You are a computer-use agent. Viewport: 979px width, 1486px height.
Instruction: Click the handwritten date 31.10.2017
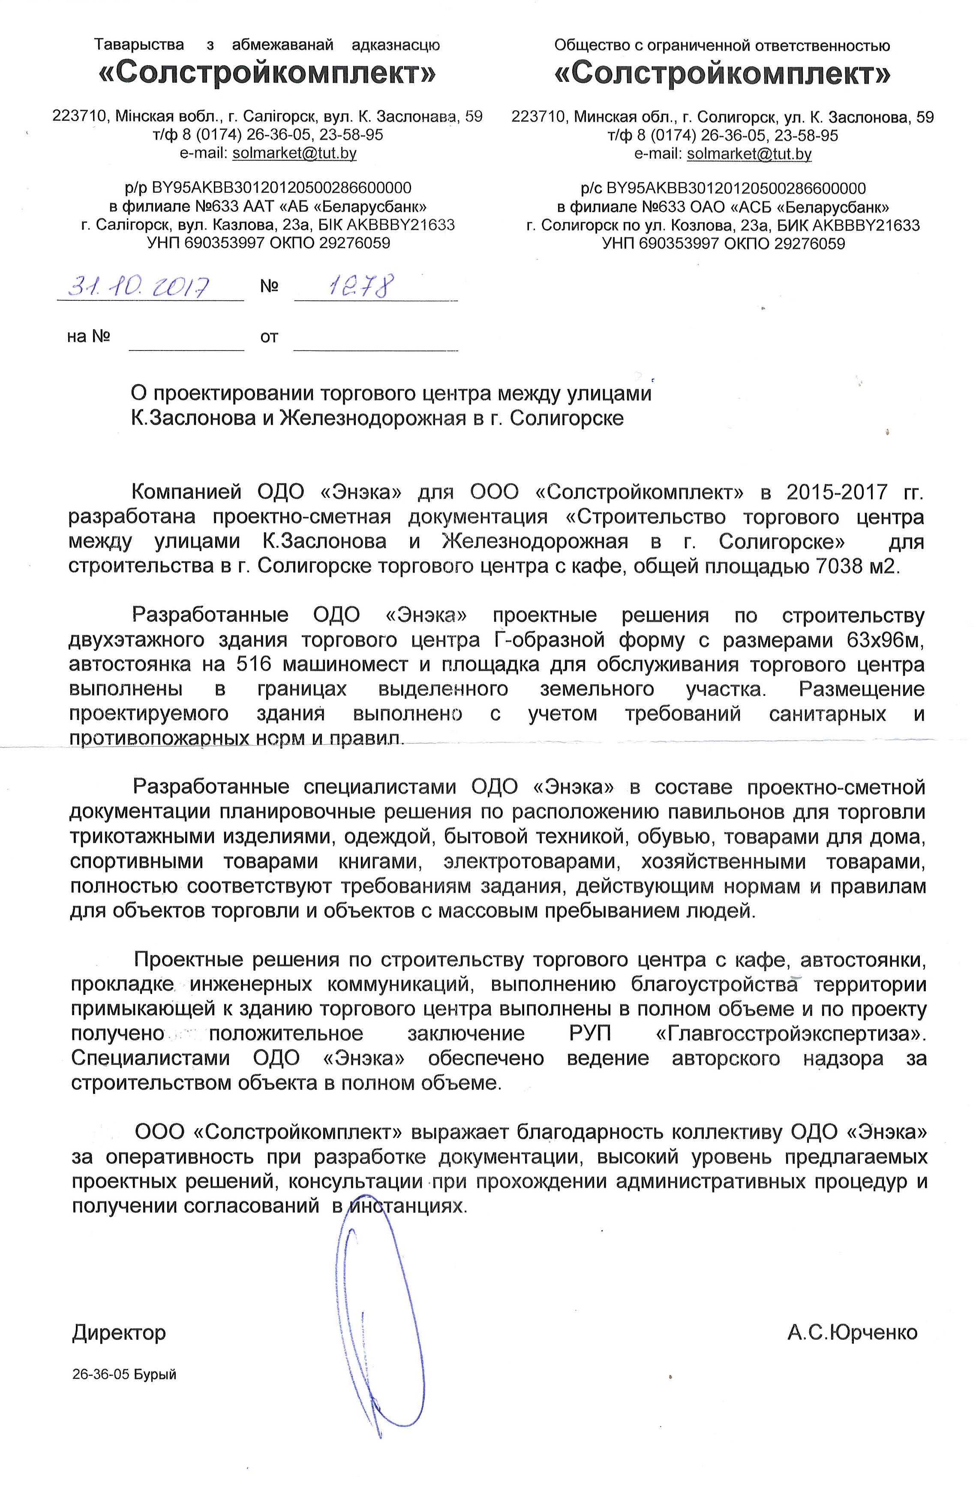coord(139,287)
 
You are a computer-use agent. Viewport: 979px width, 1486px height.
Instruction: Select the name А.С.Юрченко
coord(852,1333)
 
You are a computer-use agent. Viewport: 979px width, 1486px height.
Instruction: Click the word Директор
coord(119,1333)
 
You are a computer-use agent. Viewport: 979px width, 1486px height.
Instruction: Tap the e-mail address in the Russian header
coord(749,153)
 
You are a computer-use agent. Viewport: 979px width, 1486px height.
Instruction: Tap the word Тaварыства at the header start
coord(139,45)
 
